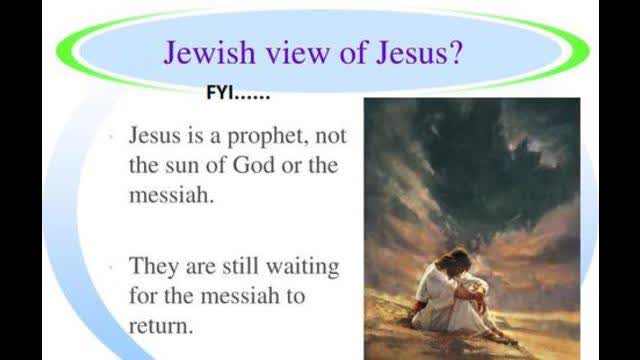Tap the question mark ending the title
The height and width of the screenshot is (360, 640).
[x=451, y=52]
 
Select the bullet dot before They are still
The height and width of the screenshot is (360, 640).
[x=117, y=268]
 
